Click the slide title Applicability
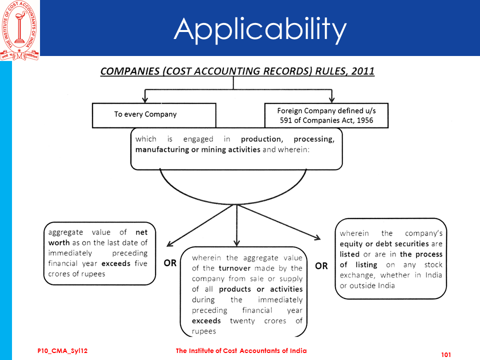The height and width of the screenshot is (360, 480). click(x=260, y=28)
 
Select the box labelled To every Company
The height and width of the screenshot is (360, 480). click(x=154, y=114)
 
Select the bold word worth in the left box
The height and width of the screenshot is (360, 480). click(x=59, y=242)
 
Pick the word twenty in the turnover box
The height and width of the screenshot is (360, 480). click(x=242, y=320)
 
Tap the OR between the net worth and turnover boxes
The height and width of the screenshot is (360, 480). click(x=170, y=263)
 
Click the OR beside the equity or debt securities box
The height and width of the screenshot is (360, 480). click(x=321, y=266)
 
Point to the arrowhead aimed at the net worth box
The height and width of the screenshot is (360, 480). click(x=170, y=243)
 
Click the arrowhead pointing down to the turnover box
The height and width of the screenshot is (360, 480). click(x=237, y=242)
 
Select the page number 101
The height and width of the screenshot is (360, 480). click(x=446, y=354)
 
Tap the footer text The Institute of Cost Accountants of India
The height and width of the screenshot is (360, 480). click(x=241, y=351)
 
